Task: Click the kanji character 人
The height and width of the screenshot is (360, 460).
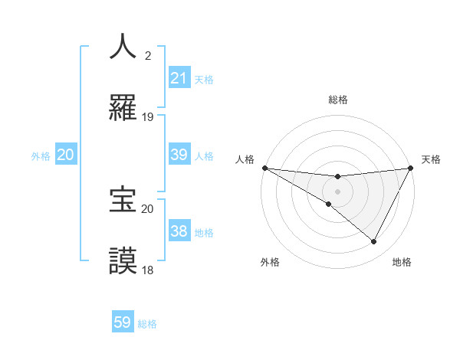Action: (123, 46)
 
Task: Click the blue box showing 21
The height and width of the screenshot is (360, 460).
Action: (179, 77)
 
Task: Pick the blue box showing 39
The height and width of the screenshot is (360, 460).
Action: (179, 154)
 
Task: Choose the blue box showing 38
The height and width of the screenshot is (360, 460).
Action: (179, 231)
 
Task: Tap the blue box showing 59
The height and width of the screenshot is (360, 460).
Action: (123, 322)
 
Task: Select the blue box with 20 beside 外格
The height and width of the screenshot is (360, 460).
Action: (66, 155)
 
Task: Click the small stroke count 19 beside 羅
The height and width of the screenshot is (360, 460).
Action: (148, 117)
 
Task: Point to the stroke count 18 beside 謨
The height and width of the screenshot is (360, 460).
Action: (148, 270)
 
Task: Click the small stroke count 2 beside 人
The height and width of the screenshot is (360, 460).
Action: (148, 55)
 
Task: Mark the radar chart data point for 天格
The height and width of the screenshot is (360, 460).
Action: (411, 168)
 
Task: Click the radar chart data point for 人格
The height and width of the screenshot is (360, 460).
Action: (264, 168)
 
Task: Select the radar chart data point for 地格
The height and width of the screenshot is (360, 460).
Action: (374, 242)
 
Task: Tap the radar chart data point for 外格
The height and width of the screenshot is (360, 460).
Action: (329, 204)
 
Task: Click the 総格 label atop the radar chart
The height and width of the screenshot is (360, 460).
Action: (338, 100)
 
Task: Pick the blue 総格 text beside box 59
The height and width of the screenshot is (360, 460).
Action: (147, 324)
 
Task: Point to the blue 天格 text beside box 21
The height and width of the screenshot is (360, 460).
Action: (204, 79)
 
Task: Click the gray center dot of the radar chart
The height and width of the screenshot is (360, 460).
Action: (338, 191)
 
